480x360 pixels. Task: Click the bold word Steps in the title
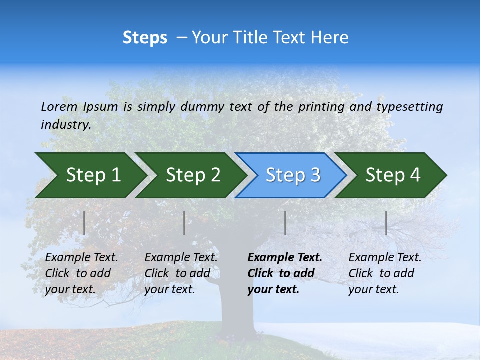point(145,38)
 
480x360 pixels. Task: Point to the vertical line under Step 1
point(84,223)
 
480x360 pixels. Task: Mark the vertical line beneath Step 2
point(184,223)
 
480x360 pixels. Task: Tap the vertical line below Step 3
point(285,223)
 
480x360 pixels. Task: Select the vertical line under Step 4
point(386,223)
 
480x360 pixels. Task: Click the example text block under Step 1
point(81,273)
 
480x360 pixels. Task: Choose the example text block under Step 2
point(181,273)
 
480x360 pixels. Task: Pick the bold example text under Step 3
point(285,273)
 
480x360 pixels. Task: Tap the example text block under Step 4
point(385,273)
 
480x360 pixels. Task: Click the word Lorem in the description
point(59,106)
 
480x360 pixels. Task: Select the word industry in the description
point(65,124)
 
